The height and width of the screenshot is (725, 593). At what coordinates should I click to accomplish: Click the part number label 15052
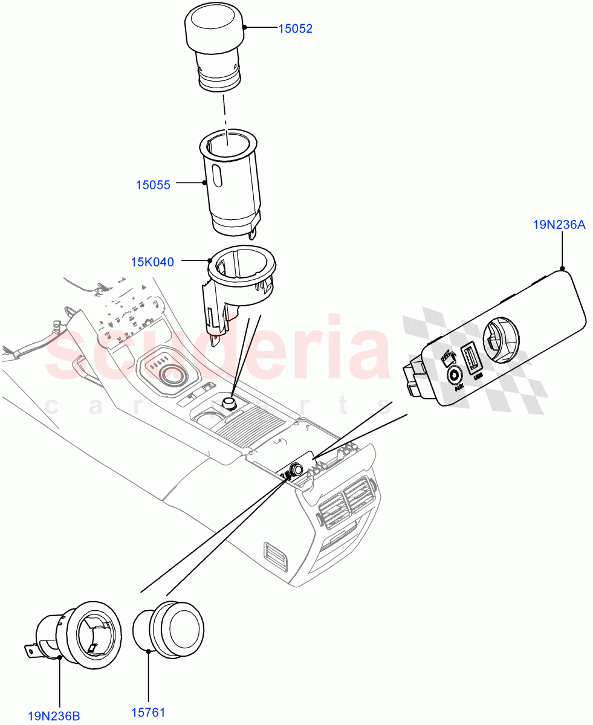click(x=295, y=28)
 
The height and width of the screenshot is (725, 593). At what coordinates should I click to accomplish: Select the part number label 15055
click(x=153, y=185)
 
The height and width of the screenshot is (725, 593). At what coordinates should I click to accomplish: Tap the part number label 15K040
click(x=152, y=262)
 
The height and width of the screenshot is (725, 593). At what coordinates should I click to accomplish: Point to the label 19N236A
click(x=559, y=225)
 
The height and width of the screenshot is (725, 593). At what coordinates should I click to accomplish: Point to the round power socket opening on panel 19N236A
click(x=501, y=339)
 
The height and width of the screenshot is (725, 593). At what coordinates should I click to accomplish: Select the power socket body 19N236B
click(x=79, y=631)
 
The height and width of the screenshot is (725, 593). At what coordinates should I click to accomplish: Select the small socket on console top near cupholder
click(x=230, y=403)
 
